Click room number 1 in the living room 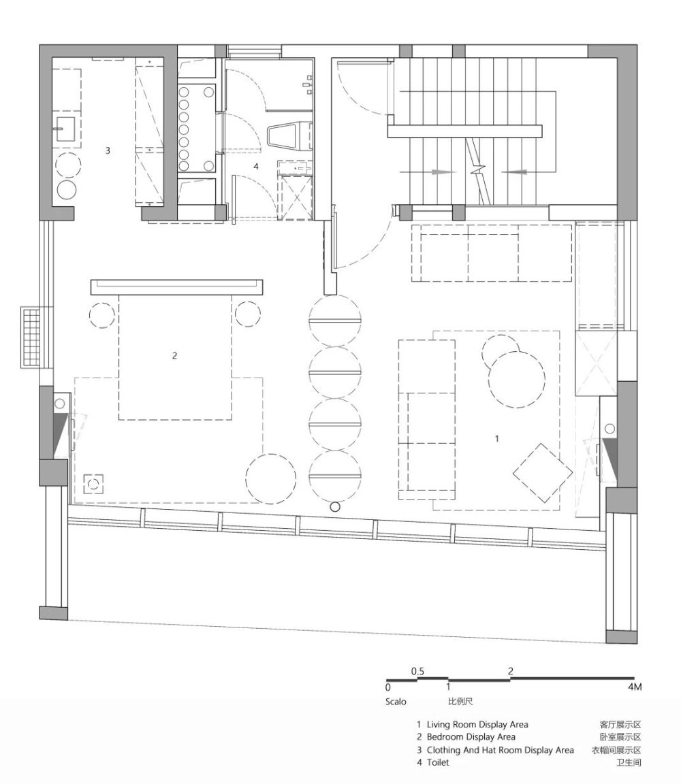tap(497, 438)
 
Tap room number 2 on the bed tap(174, 355)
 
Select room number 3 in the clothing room tap(107, 150)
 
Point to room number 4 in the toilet tap(255, 166)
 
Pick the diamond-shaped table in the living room tap(542, 473)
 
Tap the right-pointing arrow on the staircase tap(443, 172)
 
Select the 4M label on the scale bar tap(635, 687)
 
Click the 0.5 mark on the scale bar tap(417, 671)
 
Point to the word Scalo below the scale tap(396, 702)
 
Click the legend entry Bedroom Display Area tap(471, 737)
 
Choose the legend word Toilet tap(438, 762)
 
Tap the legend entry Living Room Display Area tap(477, 725)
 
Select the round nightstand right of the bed tap(247, 314)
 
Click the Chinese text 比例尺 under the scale tap(460, 702)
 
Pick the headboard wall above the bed tap(176, 287)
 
